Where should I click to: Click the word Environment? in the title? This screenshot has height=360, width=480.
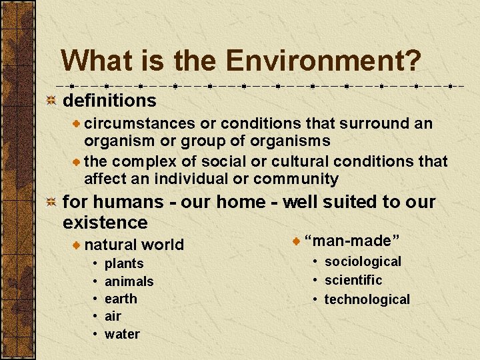tap(323, 61)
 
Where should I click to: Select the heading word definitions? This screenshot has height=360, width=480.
tap(109, 101)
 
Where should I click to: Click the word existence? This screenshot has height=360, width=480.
tap(105, 222)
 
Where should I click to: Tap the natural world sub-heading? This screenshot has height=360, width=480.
tap(134, 245)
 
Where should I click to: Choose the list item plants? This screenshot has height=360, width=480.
tap(124, 264)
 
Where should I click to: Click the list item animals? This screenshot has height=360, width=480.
tap(129, 282)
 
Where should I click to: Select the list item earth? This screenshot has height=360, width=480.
tap(121, 299)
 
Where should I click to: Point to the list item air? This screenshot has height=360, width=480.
tap(113, 316)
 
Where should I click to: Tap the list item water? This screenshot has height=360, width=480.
tap(122, 334)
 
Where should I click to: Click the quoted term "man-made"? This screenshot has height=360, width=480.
tap(351, 240)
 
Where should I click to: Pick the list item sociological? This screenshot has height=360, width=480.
tap(363, 262)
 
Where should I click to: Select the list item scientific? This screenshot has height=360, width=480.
tap(353, 280)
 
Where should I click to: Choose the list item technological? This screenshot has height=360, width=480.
tap(367, 299)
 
